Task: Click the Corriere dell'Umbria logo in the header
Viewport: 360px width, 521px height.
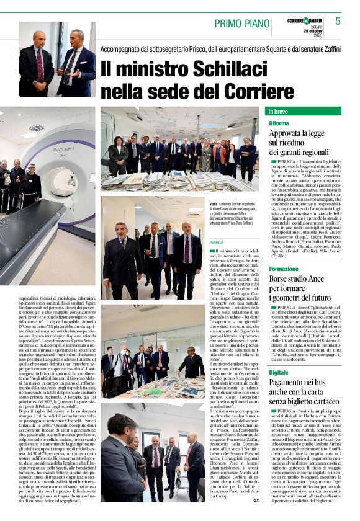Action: click(305, 21)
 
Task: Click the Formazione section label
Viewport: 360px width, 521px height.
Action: click(284, 269)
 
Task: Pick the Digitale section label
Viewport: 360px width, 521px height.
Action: click(279, 372)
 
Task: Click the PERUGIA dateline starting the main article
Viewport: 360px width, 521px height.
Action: click(217, 242)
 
